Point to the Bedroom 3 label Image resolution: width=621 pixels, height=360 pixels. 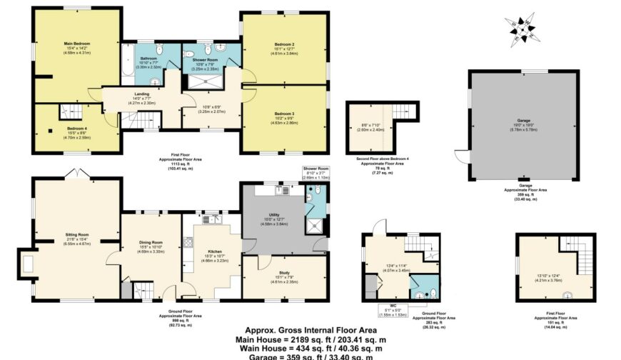click(x=283, y=114)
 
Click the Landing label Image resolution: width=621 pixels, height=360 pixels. click(x=141, y=94)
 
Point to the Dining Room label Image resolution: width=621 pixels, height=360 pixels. click(x=151, y=242)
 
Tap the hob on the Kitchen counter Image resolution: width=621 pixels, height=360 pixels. click(x=188, y=243)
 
